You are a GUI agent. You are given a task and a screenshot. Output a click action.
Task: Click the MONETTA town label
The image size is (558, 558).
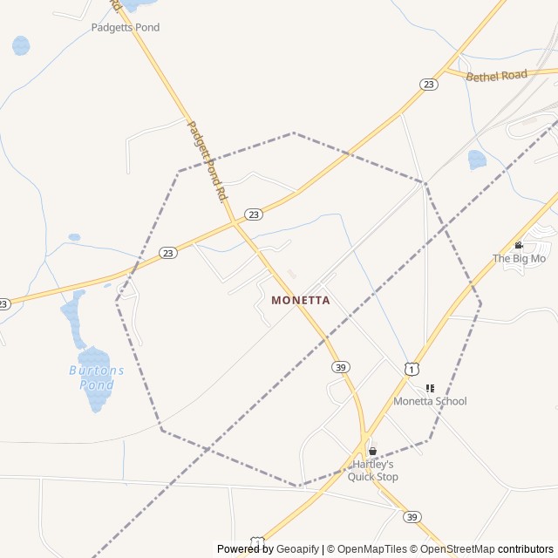[301, 300]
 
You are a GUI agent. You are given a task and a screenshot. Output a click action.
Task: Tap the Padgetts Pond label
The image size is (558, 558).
[126, 27]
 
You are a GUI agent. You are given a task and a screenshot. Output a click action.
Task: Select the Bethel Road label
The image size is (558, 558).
[497, 77]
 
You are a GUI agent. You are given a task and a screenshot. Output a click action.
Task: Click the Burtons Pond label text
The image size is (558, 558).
[97, 377]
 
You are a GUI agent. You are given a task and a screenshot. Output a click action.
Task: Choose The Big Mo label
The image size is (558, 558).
[519, 258]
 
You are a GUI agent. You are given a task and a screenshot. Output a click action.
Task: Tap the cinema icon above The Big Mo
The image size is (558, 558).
[519, 245]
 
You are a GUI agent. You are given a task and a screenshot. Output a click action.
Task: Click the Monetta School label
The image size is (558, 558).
[430, 401]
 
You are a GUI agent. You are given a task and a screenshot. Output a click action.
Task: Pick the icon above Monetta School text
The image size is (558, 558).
[430, 388]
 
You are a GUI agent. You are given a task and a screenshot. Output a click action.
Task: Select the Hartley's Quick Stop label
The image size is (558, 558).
[373, 471]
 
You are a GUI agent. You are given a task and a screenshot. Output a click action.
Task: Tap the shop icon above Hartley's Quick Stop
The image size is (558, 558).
[373, 452]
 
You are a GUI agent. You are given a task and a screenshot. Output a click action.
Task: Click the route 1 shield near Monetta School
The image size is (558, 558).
[412, 369]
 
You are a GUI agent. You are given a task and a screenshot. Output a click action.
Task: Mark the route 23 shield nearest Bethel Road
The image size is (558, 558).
[428, 84]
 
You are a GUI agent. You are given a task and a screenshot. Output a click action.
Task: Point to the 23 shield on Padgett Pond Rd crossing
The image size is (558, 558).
[253, 214]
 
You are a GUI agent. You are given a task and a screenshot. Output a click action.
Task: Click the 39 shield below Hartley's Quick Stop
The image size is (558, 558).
[412, 517]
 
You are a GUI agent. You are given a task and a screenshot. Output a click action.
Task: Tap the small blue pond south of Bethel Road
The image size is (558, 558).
[477, 160]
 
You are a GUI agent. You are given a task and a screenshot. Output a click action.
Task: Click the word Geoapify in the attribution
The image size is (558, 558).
[298, 549]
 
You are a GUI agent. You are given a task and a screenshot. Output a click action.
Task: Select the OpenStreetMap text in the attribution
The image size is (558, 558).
[452, 549]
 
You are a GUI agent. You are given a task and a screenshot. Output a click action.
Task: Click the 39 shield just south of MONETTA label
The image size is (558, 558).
[340, 367]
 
